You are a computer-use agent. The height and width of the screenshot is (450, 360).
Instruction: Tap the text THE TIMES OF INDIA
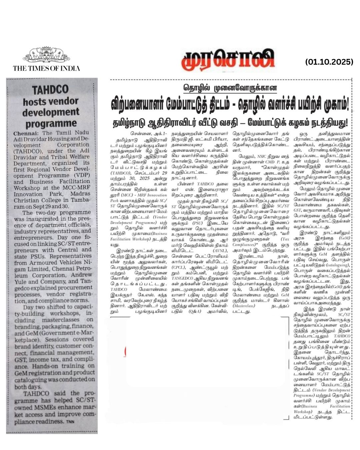pos(46,68)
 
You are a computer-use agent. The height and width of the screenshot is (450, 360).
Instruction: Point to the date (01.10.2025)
pos(329,62)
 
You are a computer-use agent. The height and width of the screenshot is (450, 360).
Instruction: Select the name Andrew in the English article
pos(81,275)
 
